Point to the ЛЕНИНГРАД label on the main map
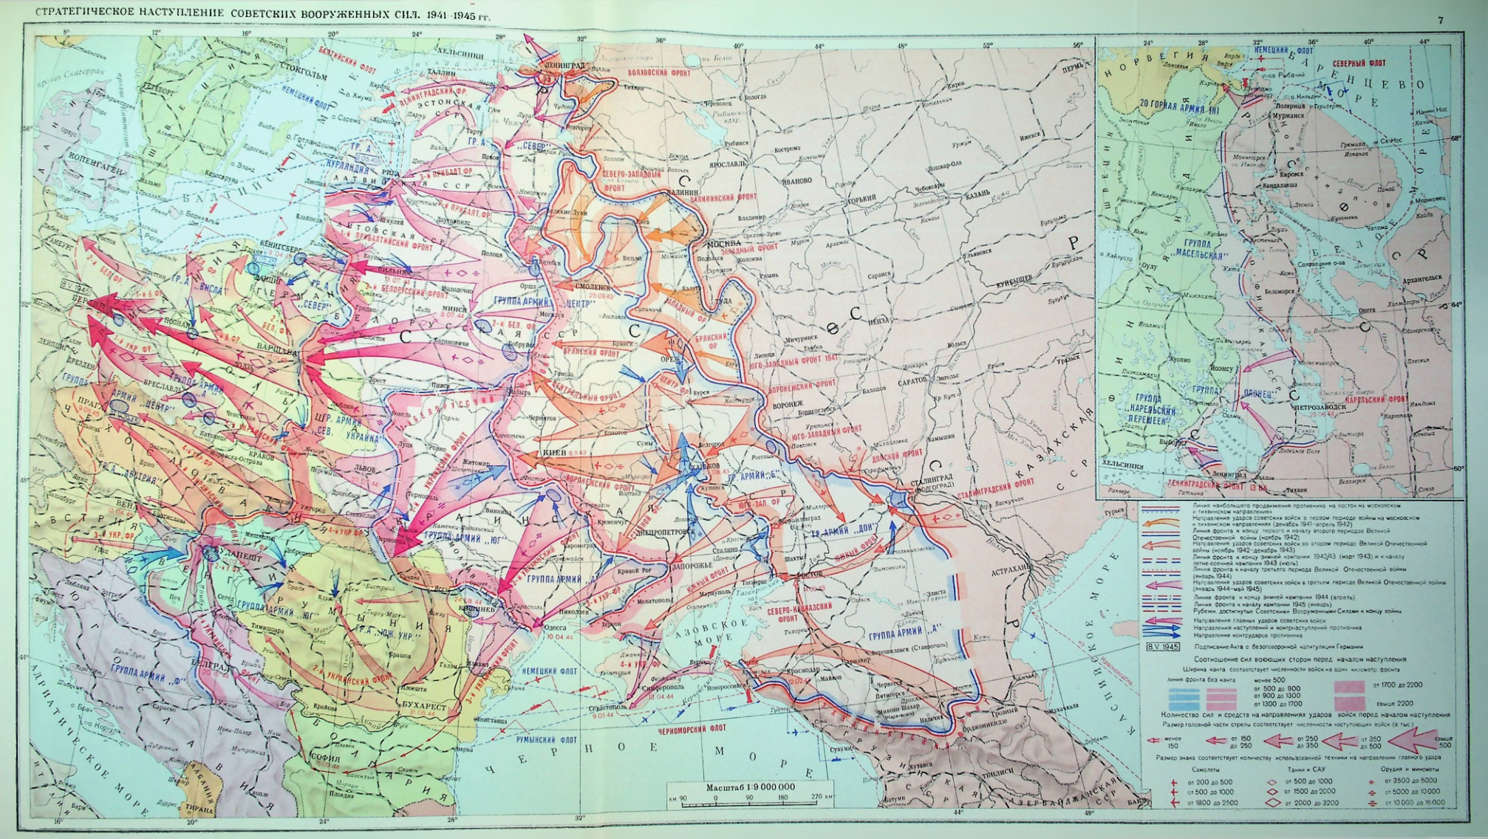(565, 66)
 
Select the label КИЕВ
(554, 452)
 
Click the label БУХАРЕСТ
(423, 706)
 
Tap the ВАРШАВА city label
(274, 346)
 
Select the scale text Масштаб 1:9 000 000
(750, 787)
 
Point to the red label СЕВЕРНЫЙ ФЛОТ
(1359, 64)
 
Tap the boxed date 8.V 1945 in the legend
(1162, 647)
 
